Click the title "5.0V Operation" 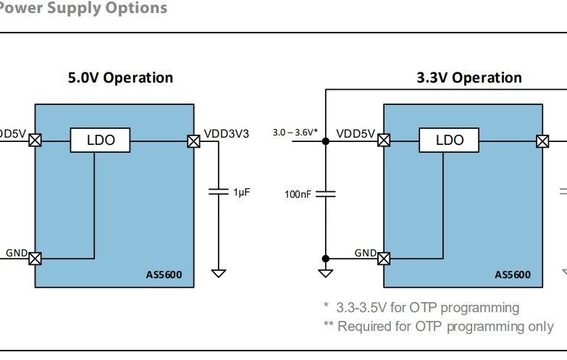(120, 78)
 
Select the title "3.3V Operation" (469, 78)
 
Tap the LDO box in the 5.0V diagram (100, 141)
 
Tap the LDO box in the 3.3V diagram (449, 141)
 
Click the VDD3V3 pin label (227, 133)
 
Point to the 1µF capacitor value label (241, 192)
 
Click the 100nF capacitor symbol (325, 193)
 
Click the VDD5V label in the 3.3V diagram (356, 133)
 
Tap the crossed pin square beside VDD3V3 (193, 141)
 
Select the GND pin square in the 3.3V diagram (384, 258)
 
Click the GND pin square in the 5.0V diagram (35, 258)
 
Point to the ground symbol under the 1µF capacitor (218, 273)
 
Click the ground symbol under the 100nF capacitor (325, 273)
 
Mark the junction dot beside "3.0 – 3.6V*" (325, 141)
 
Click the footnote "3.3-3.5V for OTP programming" (427, 308)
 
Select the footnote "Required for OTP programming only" (445, 326)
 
